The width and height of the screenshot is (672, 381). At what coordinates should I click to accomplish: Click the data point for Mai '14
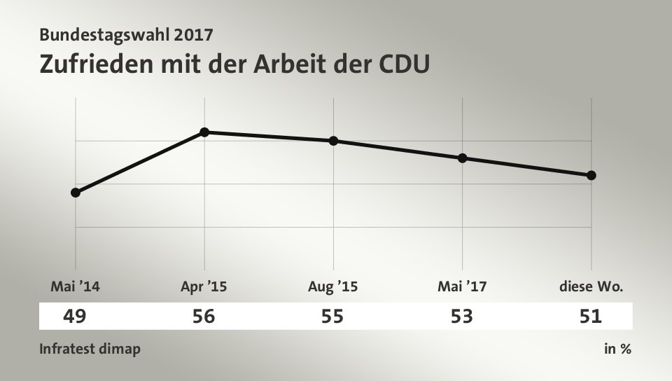pos(76,192)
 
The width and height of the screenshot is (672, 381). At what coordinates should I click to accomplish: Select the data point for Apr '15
pos(204,132)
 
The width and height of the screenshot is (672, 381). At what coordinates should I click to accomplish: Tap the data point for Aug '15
pos(333,141)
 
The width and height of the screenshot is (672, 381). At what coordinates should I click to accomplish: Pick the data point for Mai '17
pos(462,158)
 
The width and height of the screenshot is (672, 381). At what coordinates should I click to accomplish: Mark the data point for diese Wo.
pos(591,174)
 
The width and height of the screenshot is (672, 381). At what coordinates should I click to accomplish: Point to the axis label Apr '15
pos(204,286)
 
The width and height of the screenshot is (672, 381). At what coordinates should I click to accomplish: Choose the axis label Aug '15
pos(332,286)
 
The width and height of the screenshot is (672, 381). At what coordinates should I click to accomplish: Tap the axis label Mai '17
pos(462,286)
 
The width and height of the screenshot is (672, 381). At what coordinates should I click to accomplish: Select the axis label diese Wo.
pos(591,286)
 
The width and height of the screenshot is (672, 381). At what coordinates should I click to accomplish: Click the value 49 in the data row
pos(74,317)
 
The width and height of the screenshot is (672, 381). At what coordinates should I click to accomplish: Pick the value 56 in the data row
pos(204,317)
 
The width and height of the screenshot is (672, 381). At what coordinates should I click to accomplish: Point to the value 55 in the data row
pos(332,317)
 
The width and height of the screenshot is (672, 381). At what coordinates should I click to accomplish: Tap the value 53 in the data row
pos(462,317)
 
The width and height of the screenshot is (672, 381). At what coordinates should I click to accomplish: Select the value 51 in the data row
pos(591,317)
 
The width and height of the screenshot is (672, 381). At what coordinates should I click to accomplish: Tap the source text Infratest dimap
pos(90,349)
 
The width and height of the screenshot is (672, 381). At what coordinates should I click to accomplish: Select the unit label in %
pos(617,349)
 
